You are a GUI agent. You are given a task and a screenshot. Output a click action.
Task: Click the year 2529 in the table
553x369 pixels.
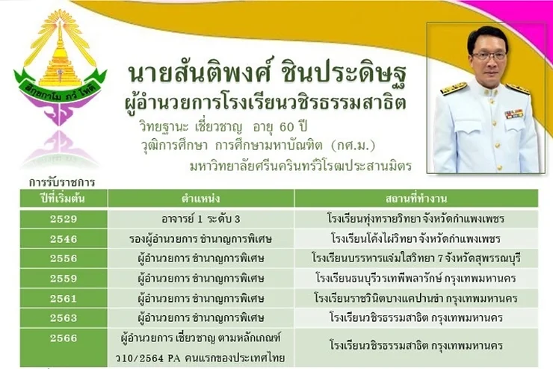click(x=64, y=219)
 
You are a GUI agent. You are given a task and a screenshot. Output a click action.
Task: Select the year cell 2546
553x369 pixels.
click(x=64, y=239)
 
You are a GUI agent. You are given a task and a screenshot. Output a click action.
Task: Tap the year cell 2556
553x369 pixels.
click(x=64, y=258)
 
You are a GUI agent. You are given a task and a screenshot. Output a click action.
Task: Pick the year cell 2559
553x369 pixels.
click(x=64, y=279)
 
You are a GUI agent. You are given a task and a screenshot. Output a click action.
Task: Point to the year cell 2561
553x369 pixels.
click(x=64, y=299)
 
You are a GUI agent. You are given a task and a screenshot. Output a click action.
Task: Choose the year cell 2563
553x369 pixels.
click(x=64, y=318)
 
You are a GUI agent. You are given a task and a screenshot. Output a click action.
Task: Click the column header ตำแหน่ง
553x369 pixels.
click(x=201, y=199)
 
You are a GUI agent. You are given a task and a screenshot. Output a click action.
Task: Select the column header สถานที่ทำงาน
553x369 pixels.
click(x=416, y=199)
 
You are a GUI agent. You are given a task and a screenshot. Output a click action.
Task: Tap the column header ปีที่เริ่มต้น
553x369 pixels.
click(x=63, y=198)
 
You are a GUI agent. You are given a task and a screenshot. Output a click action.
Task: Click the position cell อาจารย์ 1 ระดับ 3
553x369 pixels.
click(x=201, y=219)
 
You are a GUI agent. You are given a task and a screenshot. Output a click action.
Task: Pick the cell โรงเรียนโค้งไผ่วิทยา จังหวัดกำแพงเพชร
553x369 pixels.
click(x=415, y=239)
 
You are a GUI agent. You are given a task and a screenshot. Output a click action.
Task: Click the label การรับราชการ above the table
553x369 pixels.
click(x=62, y=182)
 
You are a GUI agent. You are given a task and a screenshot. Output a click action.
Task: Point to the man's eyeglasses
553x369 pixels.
click(x=489, y=56)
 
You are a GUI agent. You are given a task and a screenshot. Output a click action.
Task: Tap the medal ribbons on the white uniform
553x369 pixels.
click(x=513, y=114)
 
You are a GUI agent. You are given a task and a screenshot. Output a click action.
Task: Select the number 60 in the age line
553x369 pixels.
click(x=286, y=127)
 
